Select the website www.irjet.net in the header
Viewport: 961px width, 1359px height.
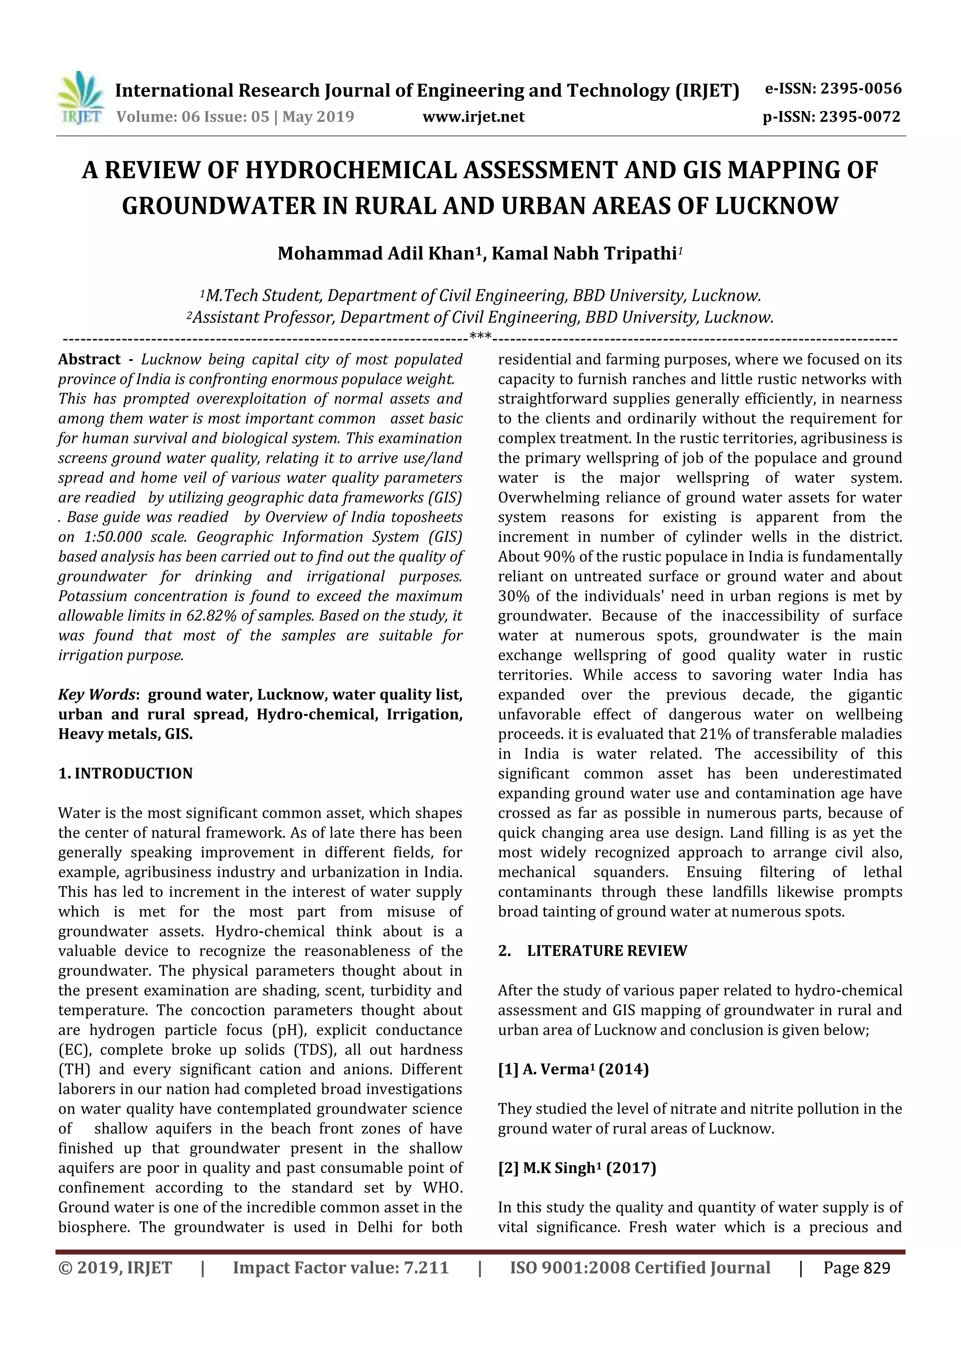click(473, 117)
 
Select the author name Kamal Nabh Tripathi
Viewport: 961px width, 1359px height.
click(583, 253)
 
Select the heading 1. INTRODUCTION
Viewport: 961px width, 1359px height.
click(126, 774)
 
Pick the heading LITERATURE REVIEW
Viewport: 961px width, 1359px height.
click(606, 950)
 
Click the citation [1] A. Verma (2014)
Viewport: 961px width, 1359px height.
click(572, 1070)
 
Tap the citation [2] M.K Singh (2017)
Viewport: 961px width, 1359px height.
click(577, 1168)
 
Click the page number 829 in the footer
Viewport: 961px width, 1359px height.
click(877, 1267)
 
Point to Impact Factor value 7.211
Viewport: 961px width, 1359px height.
click(341, 1267)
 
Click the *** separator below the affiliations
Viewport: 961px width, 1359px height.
click(480, 336)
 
